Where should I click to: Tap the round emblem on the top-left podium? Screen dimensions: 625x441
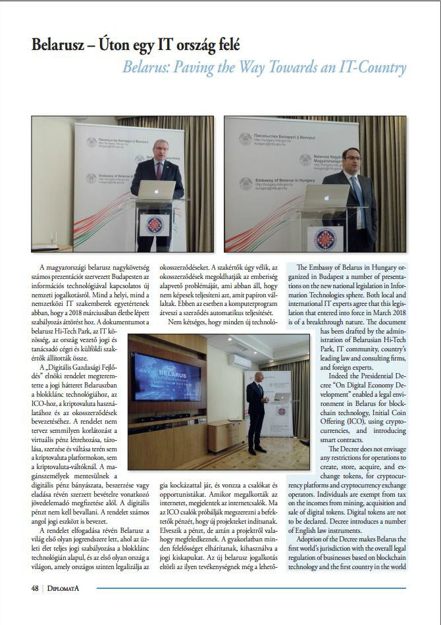click(x=157, y=224)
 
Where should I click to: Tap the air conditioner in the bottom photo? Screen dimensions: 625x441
click(x=239, y=361)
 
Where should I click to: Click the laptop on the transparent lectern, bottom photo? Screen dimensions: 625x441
click(x=281, y=397)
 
